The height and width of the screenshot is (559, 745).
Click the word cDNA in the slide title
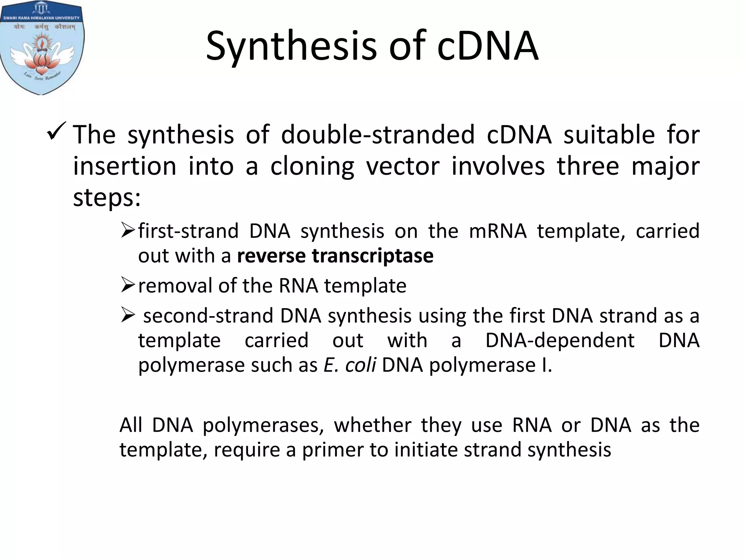tap(487, 47)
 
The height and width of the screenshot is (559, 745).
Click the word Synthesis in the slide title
tap(291, 47)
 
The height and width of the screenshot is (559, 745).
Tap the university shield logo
tap(42, 47)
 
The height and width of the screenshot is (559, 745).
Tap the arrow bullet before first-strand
tap(128, 230)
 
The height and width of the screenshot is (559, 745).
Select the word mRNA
tap(498, 231)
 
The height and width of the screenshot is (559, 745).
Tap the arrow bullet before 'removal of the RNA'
tap(128, 285)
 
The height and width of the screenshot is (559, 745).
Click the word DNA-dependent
tap(560, 341)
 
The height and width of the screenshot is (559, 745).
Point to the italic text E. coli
tap(350, 365)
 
